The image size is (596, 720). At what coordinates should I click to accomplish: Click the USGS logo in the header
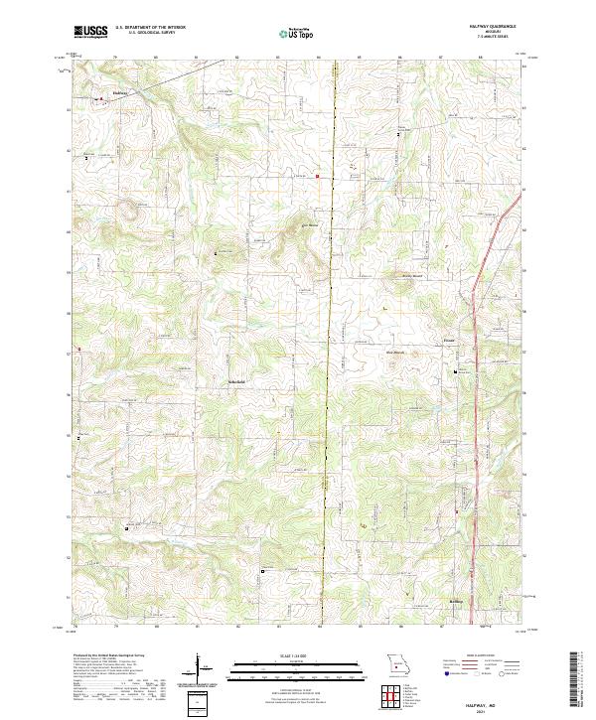click(x=90, y=33)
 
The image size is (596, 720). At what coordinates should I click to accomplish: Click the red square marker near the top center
click(x=317, y=177)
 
